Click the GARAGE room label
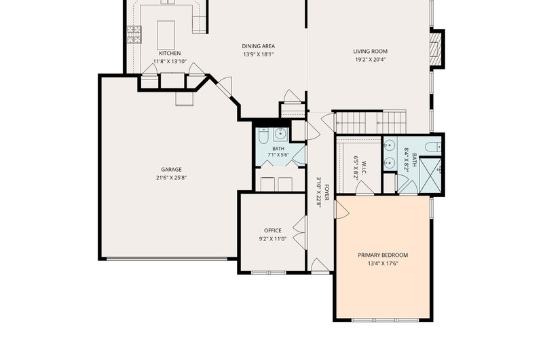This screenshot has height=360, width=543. coord(171,169)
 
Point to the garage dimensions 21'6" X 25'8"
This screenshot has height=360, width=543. coord(171,178)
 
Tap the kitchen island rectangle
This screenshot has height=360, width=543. coord(166,35)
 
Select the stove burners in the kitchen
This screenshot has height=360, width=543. coord(134,35)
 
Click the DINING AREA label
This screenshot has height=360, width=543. coord(259,46)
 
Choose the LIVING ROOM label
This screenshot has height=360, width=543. coord(370,51)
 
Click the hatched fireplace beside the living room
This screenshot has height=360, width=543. coord(436,48)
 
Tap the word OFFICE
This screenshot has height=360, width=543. coord(273,230)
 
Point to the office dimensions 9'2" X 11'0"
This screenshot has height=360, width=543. coord(273,238)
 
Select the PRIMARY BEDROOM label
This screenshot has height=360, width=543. coord(383,255)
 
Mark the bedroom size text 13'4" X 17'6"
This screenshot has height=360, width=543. coord(383,264)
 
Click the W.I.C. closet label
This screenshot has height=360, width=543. coord(364,167)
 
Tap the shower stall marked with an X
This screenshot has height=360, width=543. coord(430,175)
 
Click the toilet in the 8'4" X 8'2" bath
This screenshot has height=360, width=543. coord(433,147)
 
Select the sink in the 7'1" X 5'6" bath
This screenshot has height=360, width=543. coord(280,133)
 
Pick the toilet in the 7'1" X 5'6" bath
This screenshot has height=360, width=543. coord(263,136)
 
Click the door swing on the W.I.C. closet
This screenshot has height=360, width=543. coord(364,187)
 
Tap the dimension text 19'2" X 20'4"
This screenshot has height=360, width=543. coord(370,60)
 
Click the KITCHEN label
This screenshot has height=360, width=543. coord(170,54)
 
